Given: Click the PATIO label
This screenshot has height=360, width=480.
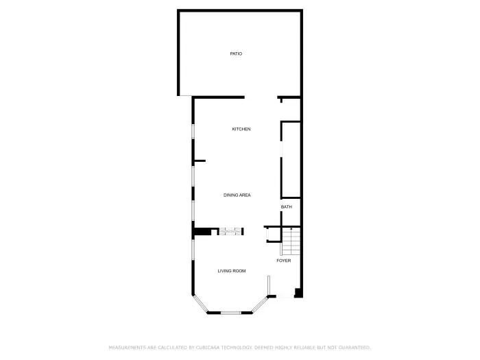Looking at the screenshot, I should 236,53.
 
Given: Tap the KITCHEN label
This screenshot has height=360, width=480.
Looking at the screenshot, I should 241,130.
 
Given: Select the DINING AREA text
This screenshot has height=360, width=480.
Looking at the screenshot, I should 237,195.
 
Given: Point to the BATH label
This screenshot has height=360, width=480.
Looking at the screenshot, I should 286,207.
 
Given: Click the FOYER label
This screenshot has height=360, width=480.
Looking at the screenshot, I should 283,261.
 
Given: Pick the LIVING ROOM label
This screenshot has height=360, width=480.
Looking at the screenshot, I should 232,271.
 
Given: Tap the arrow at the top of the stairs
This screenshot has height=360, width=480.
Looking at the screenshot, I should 291,229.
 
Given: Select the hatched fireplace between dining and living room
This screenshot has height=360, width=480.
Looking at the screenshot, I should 230,232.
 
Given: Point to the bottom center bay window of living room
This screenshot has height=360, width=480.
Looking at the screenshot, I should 230,313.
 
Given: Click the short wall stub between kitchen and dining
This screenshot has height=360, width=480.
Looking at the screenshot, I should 200,161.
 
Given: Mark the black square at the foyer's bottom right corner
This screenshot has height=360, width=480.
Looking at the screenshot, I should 298,293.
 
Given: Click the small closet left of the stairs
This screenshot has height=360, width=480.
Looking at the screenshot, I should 273,235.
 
